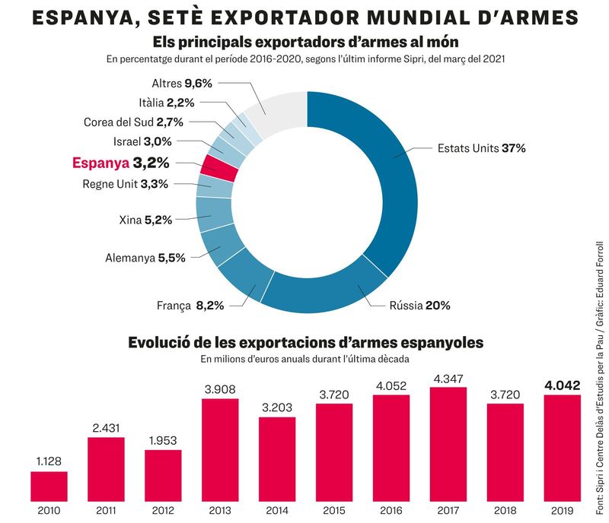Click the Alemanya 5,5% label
click(x=145, y=258)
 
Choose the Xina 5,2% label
click(x=145, y=220)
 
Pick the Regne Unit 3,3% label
click(x=125, y=183)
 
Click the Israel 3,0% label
click(x=142, y=141)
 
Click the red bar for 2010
click(x=49, y=486)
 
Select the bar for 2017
click(x=448, y=445)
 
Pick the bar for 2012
click(x=163, y=475)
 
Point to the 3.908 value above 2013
click(x=220, y=389)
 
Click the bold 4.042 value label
click(x=563, y=385)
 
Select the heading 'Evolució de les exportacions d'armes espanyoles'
click(x=305, y=342)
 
